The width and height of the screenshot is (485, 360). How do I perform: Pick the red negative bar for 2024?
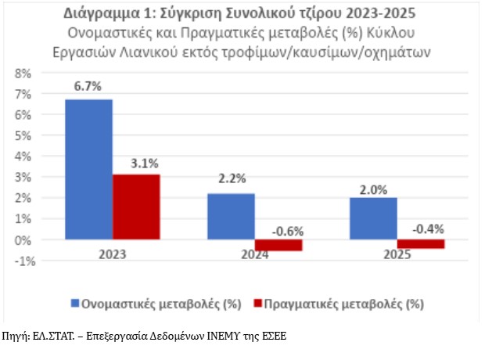pyautogui.click(x=278, y=245)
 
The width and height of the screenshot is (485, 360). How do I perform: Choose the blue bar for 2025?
pyautogui.click(x=373, y=218)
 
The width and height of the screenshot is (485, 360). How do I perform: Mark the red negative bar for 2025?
pyautogui.click(x=420, y=243)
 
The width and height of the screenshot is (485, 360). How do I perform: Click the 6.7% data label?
pyautogui.click(x=88, y=86)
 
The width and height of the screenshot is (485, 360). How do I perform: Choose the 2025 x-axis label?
pyautogui.click(x=397, y=255)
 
